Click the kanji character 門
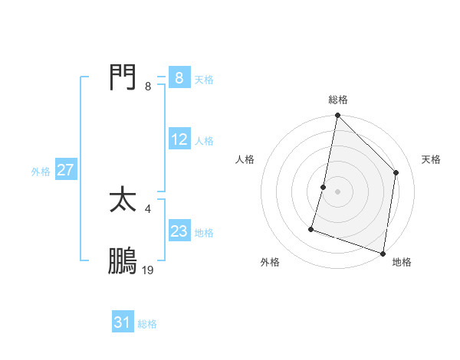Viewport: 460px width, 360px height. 123,77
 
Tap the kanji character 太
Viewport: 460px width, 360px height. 123,201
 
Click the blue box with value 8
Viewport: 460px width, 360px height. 179,78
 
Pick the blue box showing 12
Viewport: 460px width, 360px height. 179,139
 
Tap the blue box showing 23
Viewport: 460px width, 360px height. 179,231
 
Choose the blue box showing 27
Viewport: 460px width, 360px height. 65,170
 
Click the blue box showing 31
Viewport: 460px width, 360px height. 123,323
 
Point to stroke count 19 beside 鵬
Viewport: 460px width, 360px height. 148,270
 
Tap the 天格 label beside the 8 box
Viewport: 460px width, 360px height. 204,80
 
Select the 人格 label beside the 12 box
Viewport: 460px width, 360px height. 204,141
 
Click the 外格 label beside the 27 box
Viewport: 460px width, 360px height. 41,172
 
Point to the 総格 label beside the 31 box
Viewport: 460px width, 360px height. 147,325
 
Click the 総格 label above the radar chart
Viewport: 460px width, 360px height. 337,100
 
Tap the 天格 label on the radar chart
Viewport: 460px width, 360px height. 431,159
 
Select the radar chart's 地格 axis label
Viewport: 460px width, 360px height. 402,263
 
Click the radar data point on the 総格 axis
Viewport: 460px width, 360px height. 337,116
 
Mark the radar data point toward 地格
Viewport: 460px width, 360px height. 383,253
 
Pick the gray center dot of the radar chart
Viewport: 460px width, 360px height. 337,191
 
